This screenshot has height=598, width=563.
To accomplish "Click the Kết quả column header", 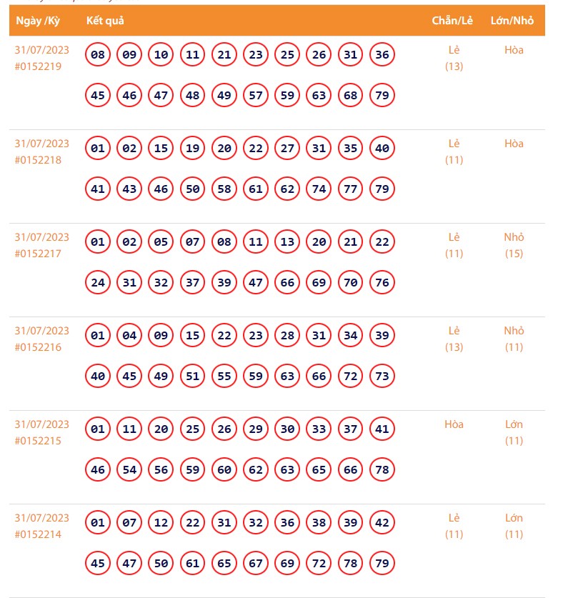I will pos(105,21).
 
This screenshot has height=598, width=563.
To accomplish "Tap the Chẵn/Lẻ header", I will pos(452,21).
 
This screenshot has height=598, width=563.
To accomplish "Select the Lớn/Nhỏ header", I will pos(512,21).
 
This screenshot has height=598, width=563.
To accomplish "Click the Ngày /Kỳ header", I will pos(38,21).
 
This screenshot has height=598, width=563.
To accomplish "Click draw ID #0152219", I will pos(38,66).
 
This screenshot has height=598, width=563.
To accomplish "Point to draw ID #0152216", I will pos(38,347).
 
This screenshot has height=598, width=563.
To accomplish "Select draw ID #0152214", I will pos(38,534).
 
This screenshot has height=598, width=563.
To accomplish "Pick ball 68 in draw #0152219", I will pos(351,95).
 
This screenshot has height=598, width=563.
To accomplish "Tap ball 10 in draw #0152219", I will pos(161,54).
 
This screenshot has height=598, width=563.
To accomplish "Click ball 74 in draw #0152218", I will pos(319,189).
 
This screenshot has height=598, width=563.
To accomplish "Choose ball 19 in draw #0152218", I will pos(193,149).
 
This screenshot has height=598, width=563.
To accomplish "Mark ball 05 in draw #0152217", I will pos(161,242).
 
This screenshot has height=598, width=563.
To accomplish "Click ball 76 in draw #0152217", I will pos(382,282).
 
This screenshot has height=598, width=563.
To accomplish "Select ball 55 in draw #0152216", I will pos(224,376).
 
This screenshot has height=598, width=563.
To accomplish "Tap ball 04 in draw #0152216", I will pos(129,336).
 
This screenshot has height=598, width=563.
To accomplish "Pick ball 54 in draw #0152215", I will pos(129,469).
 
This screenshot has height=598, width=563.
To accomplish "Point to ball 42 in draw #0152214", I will pos(382,523).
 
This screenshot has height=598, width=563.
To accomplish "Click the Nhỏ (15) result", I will pos(514,245).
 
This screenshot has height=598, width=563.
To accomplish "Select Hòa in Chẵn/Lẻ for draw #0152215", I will pos(454,424).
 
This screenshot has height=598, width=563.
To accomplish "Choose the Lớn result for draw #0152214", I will pos(514,518).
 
